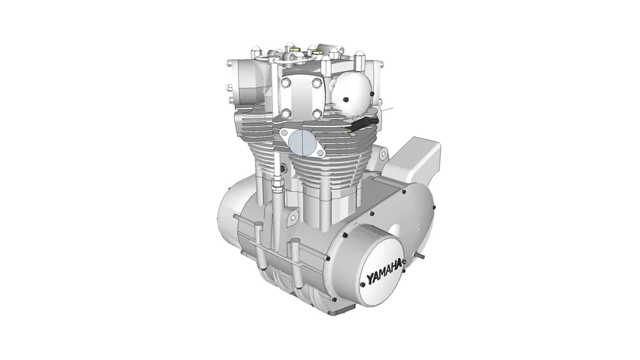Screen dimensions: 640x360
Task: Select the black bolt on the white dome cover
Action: point(346,100)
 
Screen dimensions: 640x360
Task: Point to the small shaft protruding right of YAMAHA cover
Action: point(420,256)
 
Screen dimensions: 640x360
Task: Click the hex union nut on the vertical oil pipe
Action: point(276,183)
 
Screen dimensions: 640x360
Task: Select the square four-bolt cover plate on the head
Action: point(301,98)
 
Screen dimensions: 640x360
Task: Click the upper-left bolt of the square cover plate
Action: point(286,83)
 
